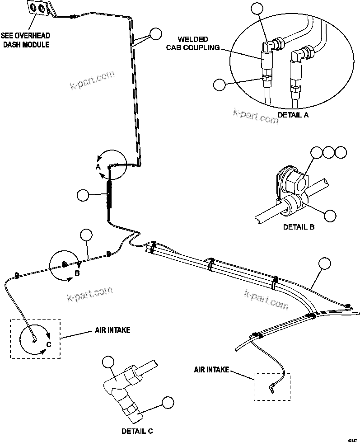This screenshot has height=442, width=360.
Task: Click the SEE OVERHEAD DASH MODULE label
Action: click(x=25, y=40)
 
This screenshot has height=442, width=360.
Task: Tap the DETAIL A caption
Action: click(x=293, y=115)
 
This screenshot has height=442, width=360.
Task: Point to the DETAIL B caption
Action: click(x=299, y=227)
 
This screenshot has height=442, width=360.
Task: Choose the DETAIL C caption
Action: click(x=137, y=431)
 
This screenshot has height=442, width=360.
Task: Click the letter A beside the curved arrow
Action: click(x=97, y=167)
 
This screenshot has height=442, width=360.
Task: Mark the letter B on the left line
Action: click(x=77, y=273)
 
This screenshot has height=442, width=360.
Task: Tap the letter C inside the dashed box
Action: click(x=49, y=344)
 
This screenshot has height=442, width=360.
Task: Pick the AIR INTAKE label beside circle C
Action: click(x=112, y=330)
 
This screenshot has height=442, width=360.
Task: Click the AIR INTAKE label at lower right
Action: click(x=211, y=369)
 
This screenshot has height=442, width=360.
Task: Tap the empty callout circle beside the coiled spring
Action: click(x=83, y=195)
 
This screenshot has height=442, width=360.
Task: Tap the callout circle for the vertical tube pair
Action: click(x=156, y=34)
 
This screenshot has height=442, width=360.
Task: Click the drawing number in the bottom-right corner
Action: click(x=352, y=439)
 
